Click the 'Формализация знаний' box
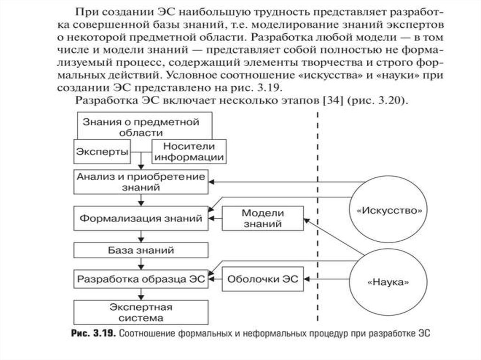coord(141,219)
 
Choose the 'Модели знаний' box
coord(263,218)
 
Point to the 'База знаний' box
coord(141,250)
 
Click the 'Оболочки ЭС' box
coord(263,278)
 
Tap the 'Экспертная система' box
coord(141,312)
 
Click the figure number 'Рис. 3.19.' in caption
coord(92,334)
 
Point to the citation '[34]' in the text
coord(322,101)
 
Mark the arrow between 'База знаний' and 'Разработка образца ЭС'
coord(141,264)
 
